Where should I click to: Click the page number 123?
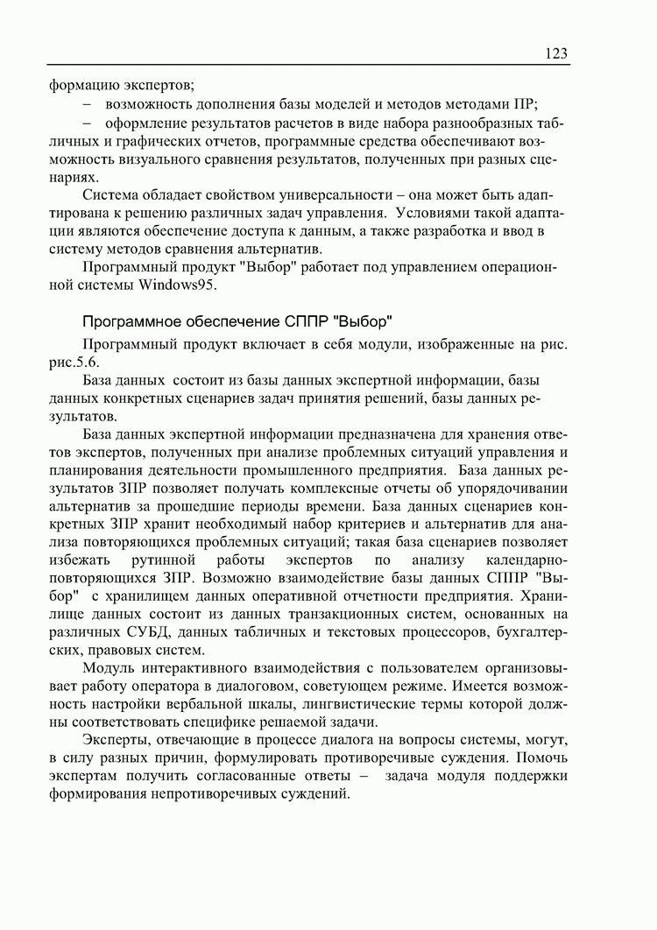555,54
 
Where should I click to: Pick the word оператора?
140,687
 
